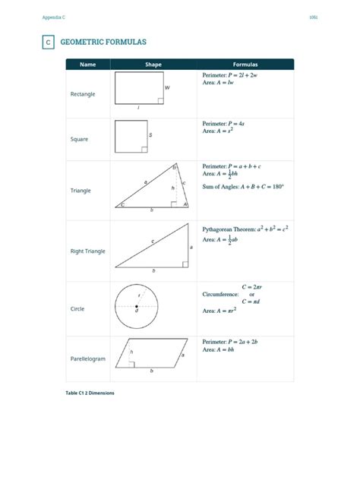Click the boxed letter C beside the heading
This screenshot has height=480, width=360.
(48, 43)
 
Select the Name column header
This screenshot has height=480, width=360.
(88, 65)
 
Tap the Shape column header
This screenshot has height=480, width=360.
(153, 65)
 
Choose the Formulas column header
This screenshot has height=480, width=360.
(245, 65)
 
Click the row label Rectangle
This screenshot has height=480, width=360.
(83, 94)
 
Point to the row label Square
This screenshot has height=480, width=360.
(79, 139)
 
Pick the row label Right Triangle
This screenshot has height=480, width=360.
(88, 251)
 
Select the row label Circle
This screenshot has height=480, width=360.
(77, 309)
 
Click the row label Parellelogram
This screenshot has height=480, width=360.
(88, 358)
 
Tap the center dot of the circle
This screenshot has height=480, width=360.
(137, 306)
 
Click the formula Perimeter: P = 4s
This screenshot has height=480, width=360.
(227, 123)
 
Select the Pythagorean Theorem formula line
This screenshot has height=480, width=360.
(245, 229)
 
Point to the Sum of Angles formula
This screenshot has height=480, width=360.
(242, 186)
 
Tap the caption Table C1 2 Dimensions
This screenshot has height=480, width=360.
(90, 393)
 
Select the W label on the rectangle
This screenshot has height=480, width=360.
(167, 88)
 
